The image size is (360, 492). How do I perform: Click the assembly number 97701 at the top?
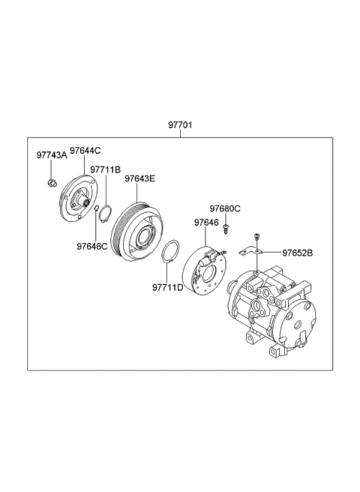pyautogui.click(x=179, y=125)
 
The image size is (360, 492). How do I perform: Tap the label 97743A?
pyautogui.click(x=52, y=155)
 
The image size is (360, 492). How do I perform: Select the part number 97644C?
pyautogui.click(x=85, y=151)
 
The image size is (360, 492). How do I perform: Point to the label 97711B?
pyautogui.click(x=105, y=170)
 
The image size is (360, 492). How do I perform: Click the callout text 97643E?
pyautogui.click(x=139, y=178)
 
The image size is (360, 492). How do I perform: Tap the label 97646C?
pyautogui.click(x=91, y=245)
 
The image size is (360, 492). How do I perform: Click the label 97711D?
pyautogui.click(x=167, y=287)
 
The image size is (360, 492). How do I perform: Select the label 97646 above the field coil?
pyautogui.click(x=205, y=223)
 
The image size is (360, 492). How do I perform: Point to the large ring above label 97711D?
pyautogui.click(x=170, y=253)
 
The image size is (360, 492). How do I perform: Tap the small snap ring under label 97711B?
pyautogui.click(x=104, y=215)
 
